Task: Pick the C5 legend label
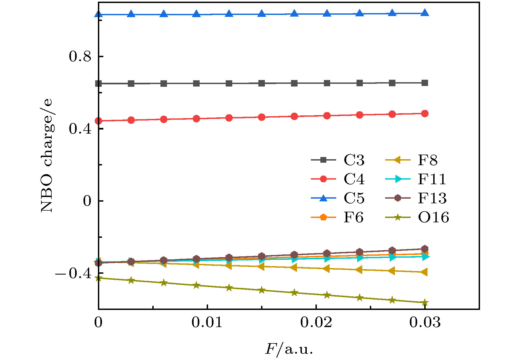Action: click(x=354, y=198)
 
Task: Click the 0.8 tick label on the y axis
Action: click(x=80, y=56)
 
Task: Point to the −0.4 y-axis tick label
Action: click(x=73, y=273)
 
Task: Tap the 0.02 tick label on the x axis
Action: click(x=316, y=322)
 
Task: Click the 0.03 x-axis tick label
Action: click(x=425, y=322)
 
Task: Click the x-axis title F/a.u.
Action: click(x=289, y=349)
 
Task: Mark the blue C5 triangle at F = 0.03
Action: click(x=425, y=13)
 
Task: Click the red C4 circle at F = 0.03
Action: click(x=425, y=113)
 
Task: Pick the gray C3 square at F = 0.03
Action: click(x=425, y=83)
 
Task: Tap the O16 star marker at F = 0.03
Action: click(x=425, y=303)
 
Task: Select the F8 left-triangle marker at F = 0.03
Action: click(x=424, y=272)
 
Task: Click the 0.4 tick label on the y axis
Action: click(x=80, y=128)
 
